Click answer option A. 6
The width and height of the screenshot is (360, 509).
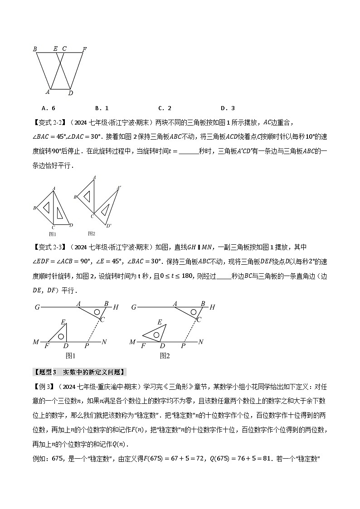coord(48,108)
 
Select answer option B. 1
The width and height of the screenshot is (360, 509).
coord(102,108)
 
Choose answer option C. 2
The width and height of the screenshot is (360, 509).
coord(165,108)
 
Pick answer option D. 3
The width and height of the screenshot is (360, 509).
coord(228,108)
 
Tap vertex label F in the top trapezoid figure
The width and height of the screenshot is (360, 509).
coord(84,49)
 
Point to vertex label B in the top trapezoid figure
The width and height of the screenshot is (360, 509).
coord(35,49)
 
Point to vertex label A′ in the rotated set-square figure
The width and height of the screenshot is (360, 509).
coord(119,187)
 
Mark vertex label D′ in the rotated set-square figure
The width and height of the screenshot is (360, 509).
coord(109,225)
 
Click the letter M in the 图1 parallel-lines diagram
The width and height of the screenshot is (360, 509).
coord(36,342)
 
